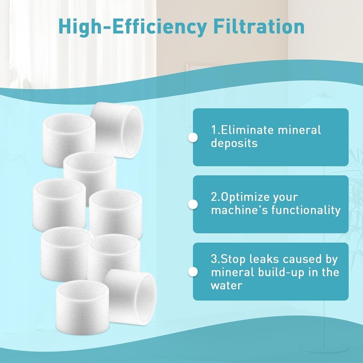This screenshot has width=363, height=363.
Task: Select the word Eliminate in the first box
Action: pos(247,130)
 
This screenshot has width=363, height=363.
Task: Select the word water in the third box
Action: pos(226,285)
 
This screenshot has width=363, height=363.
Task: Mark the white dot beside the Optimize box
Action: pos(193,204)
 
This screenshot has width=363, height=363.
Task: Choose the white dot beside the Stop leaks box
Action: pos(193,272)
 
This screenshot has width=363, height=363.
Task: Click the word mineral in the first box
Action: pos(300,130)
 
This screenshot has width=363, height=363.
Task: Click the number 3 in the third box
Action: pos(213,259)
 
